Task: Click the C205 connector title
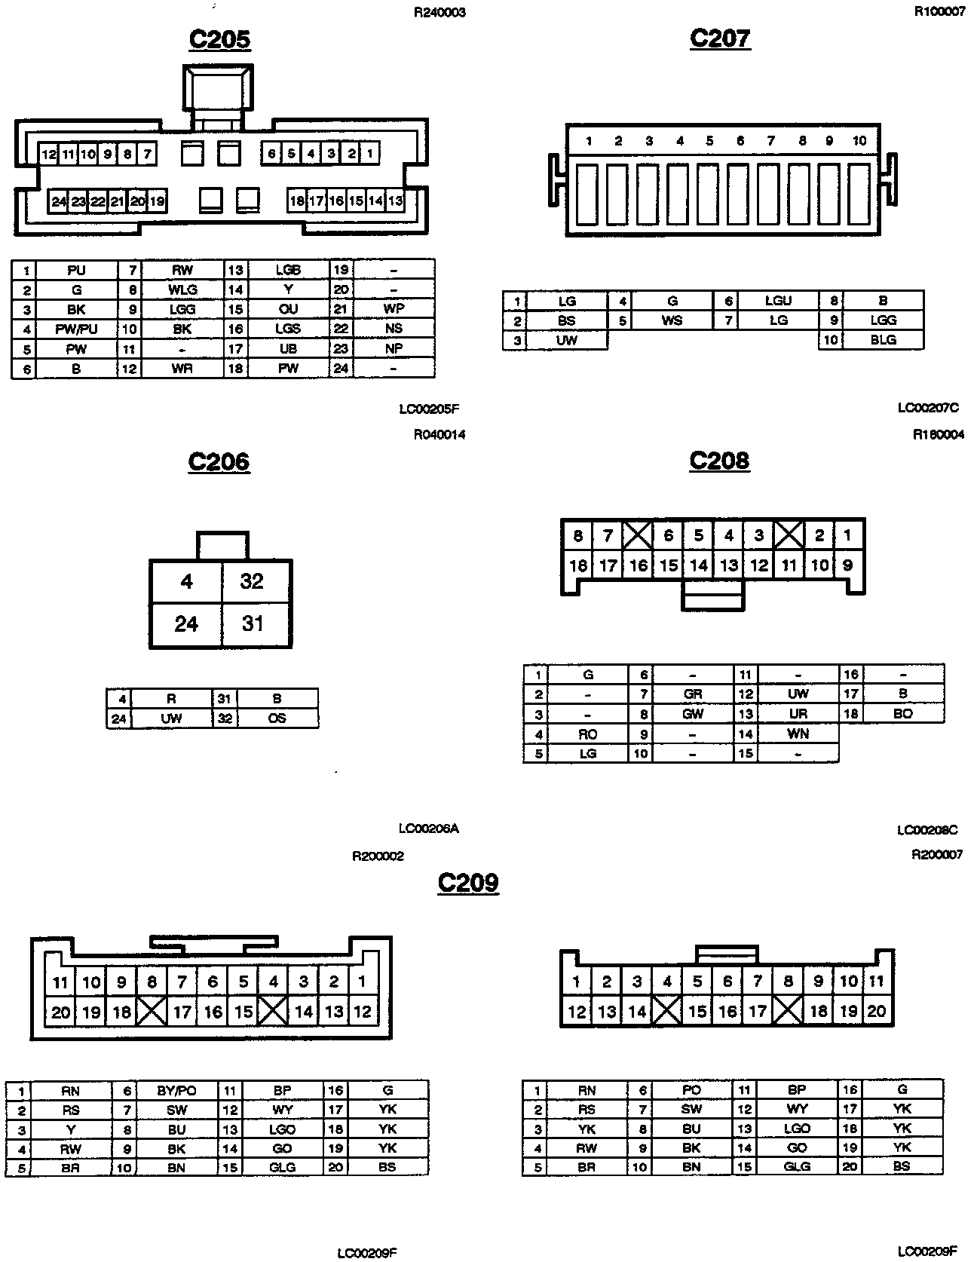(x=219, y=39)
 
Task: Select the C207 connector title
(x=720, y=38)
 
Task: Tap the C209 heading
(x=468, y=881)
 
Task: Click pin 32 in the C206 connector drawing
(x=252, y=581)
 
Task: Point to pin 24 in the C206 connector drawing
(x=186, y=624)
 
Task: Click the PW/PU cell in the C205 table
(x=76, y=329)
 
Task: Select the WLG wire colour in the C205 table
(x=182, y=289)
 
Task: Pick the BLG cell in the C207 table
(x=883, y=340)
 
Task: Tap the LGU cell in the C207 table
(x=778, y=300)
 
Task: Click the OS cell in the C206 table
(x=277, y=718)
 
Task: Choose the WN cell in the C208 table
(x=798, y=734)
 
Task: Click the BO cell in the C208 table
(x=902, y=713)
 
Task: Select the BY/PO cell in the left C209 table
(x=176, y=1091)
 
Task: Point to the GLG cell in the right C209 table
(x=797, y=1166)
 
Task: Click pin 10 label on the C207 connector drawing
(x=859, y=141)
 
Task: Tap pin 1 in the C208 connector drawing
(x=848, y=536)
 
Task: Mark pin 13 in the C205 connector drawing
(x=395, y=201)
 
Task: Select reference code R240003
(x=439, y=13)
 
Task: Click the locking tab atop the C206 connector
(x=222, y=545)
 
